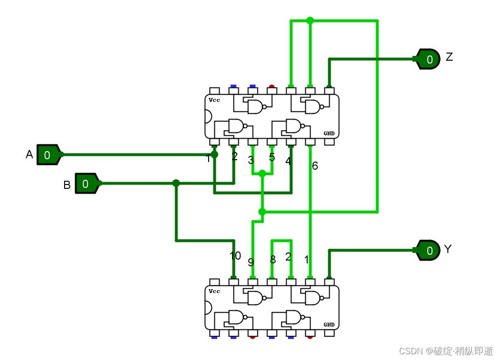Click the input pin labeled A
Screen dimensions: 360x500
point(47,154)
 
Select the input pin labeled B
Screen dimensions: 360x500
point(86,183)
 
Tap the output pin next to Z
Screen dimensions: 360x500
point(428,59)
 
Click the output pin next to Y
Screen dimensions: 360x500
point(428,250)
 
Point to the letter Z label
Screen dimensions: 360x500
point(449,57)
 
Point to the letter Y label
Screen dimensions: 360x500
point(448,249)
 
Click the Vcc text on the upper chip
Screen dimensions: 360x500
point(214,100)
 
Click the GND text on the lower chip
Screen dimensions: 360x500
point(329,325)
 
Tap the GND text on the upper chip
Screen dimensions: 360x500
point(329,133)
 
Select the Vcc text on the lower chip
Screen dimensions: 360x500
point(214,291)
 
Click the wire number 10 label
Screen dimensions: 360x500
point(235,256)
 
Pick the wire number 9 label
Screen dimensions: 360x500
point(251,262)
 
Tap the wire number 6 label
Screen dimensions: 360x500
point(315,166)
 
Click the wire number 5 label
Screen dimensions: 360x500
point(272,157)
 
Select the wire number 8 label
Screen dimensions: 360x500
point(273,260)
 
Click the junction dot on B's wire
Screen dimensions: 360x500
point(176,183)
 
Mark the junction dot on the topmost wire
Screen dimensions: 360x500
point(310,21)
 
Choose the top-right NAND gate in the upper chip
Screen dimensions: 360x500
point(312,107)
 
